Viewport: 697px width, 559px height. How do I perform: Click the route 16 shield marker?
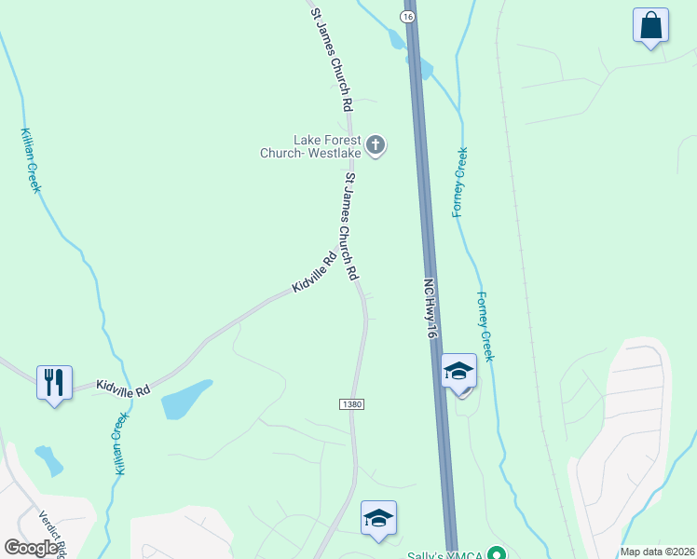coord(408,17)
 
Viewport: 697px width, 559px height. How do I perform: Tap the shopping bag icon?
coord(650,25)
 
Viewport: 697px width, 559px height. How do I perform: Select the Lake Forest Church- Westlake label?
coord(314,146)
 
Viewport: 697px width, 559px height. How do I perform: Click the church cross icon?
coord(376,144)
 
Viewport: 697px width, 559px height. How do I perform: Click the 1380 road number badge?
coord(350,404)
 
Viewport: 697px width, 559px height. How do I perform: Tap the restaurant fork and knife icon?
coord(53,381)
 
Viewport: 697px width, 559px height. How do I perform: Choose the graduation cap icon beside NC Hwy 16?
coord(458,371)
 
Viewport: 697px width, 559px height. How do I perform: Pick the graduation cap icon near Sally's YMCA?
coord(378,518)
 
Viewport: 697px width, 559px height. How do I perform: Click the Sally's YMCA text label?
coord(445,554)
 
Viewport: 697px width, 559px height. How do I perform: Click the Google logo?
coord(31,548)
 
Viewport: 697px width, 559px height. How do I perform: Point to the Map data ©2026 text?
coord(657,551)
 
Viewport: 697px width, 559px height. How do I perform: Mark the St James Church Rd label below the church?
coord(350,227)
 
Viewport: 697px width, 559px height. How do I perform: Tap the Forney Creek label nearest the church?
coord(459,182)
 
